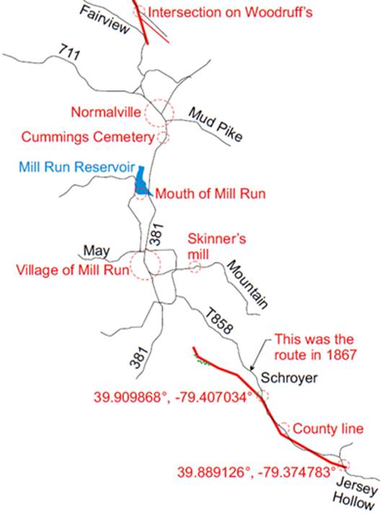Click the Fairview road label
coord(104,19)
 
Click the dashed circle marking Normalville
coord(159,113)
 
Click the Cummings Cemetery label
coord(88,136)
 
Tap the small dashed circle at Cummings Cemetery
coord(164,136)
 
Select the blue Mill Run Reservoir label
coord(76,167)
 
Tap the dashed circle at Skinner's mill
coord(195,267)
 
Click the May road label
coord(96,250)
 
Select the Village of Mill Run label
coord(71,271)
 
